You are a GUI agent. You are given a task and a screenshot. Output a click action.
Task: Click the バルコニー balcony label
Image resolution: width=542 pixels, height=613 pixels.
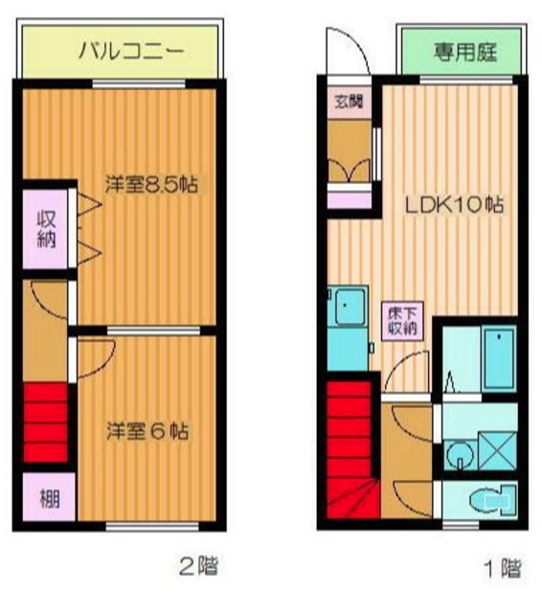point(121,50)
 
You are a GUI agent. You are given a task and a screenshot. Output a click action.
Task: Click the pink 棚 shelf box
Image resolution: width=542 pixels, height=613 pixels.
point(46,498)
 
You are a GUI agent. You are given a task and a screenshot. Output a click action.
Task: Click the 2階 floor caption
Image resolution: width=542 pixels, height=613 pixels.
point(199,566)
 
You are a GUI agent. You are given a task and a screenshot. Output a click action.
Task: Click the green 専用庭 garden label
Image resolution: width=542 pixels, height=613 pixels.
point(464,51)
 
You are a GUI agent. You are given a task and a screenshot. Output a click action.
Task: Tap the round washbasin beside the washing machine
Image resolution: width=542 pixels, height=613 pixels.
point(460,452)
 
